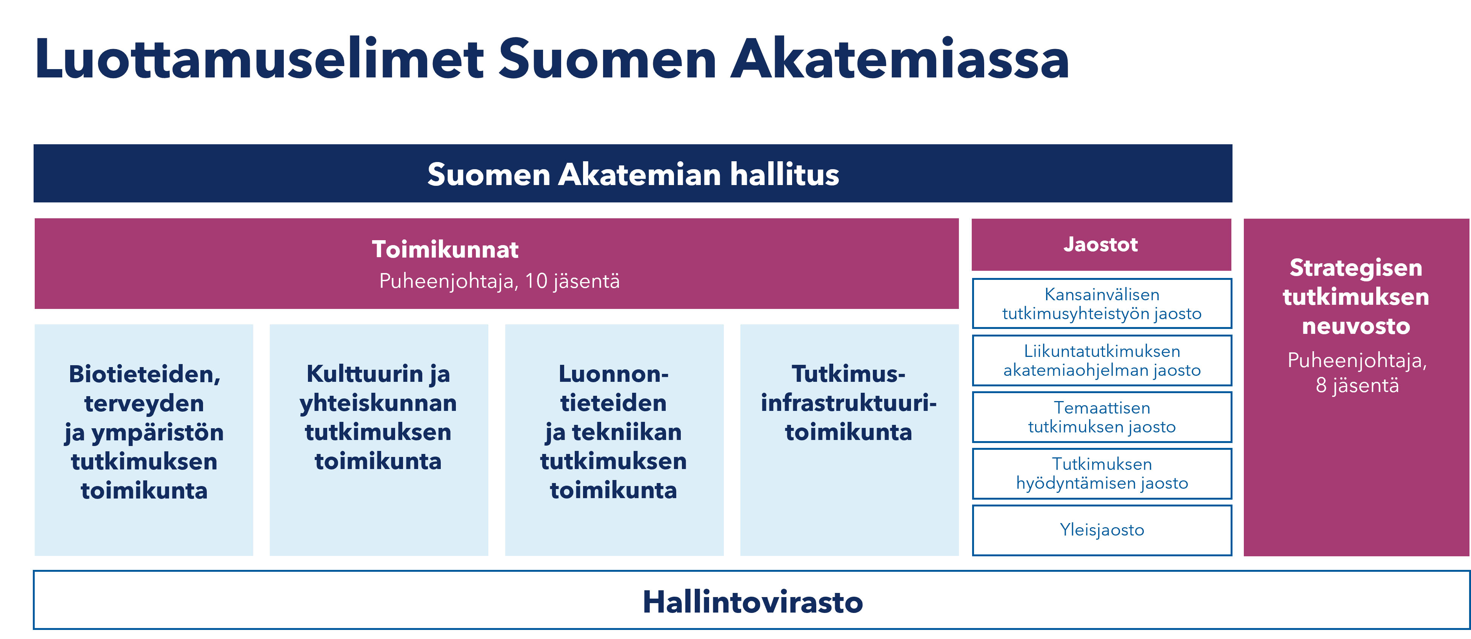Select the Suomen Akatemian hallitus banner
click(633, 173)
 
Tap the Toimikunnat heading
click(445, 249)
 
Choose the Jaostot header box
click(1101, 245)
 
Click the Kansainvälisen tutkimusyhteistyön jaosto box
click(1102, 304)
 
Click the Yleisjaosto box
click(1102, 530)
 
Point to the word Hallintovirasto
click(752, 602)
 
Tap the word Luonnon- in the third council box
click(613, 374)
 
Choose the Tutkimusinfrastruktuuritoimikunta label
click(849, 403)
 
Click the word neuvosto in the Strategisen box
click(1356, 326)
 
